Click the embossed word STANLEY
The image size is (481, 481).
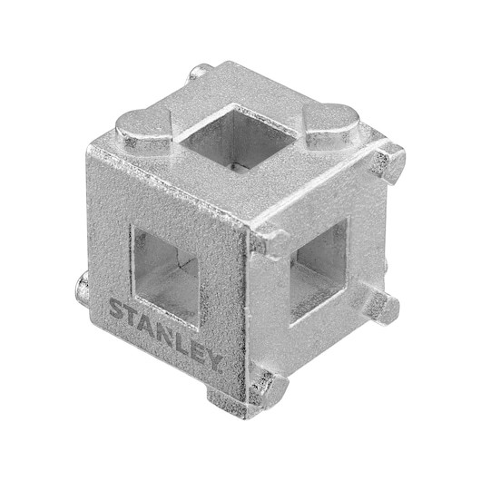[166, 335]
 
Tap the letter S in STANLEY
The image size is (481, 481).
[116, 309]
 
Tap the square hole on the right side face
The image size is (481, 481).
[319, 270]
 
